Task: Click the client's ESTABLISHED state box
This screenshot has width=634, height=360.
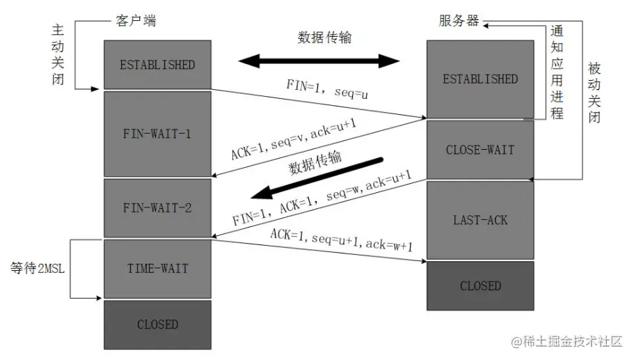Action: pos(157,65)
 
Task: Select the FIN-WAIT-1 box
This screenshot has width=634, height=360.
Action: pos(157,133)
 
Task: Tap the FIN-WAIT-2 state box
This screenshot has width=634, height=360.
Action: pos(157,207)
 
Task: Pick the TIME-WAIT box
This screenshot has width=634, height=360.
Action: pos(157,268)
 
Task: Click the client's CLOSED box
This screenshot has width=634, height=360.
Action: pos(157,324)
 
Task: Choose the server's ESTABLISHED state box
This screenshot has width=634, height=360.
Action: pos(480,79)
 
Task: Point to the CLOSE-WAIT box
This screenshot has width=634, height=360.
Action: pos(480,150)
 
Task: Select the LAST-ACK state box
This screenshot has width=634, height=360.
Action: pos(480,220)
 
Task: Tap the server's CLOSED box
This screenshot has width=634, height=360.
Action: pos(480,285)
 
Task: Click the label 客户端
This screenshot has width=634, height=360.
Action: pos(135,20)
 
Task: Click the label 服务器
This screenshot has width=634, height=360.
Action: pos(459,20)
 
